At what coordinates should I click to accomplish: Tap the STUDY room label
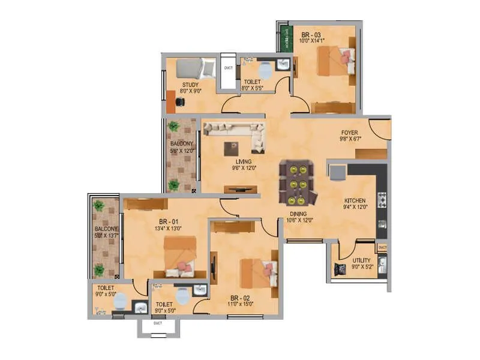point(191,85)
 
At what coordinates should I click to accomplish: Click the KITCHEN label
point(355,200)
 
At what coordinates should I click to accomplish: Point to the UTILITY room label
point(362,260)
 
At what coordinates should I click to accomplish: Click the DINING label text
point(297,214)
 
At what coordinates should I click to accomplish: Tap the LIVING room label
point(244,161)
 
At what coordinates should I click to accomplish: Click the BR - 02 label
point(240,298)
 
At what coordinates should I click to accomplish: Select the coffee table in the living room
point(231,148)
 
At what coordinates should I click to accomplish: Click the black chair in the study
point(179,103)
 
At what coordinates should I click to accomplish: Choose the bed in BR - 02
point(259,274)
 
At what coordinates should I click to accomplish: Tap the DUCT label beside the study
point(228,68)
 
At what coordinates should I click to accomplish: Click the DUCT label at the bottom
point(158,323)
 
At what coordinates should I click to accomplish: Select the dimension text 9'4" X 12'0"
point(355,208)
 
